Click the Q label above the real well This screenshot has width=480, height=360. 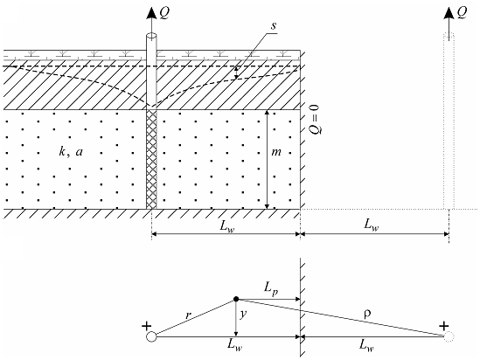pos(164,13)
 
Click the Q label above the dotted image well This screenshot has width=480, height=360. pos(462,13)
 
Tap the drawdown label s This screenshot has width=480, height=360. pos(274,25)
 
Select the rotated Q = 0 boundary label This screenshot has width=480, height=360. pos(314,120)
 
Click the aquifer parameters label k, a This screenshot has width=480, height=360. pos(71,151)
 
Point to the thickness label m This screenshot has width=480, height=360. pos(276,152)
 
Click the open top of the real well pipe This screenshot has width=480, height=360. pos(151,36)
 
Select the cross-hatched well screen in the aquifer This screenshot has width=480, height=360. pos(151,159)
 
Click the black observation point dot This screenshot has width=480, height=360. pos(236,299)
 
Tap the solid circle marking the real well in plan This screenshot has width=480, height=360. pos(151,336)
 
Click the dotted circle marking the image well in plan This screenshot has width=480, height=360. pos(449,336)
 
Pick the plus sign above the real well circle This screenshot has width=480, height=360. pos(147,326)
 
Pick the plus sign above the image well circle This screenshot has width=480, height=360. pos(444,326)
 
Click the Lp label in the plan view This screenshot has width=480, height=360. pos(271,288)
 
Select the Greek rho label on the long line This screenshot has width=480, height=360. pos(368,314)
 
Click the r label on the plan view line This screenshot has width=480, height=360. pos(188,315)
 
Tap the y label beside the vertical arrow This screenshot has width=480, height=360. pos(243,315)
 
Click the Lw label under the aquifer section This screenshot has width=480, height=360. pos(227,226)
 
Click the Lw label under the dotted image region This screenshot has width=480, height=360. pos(372,225)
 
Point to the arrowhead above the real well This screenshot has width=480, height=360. pos(151,12)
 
